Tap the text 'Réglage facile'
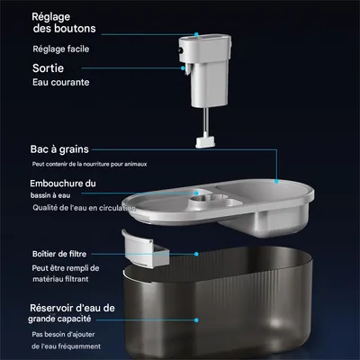coord(60,49)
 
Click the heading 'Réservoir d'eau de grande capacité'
coord(72,314)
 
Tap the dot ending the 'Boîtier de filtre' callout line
coord(195,254)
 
